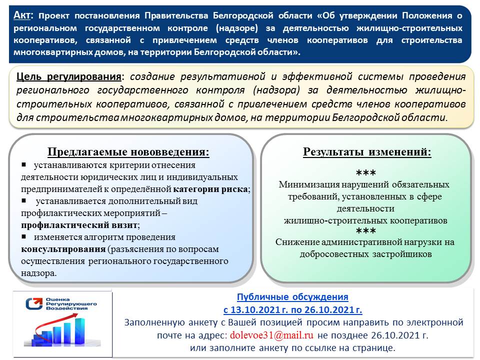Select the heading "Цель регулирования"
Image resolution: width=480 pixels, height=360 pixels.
tap(69, 77)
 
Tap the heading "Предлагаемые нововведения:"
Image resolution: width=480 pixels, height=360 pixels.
tap(128, 152)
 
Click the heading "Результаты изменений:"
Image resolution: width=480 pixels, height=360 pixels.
tap(366, 152)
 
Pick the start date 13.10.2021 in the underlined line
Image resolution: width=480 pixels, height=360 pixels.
tap(255, 309)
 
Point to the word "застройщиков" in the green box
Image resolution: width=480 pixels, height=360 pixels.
tap(405, 254)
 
